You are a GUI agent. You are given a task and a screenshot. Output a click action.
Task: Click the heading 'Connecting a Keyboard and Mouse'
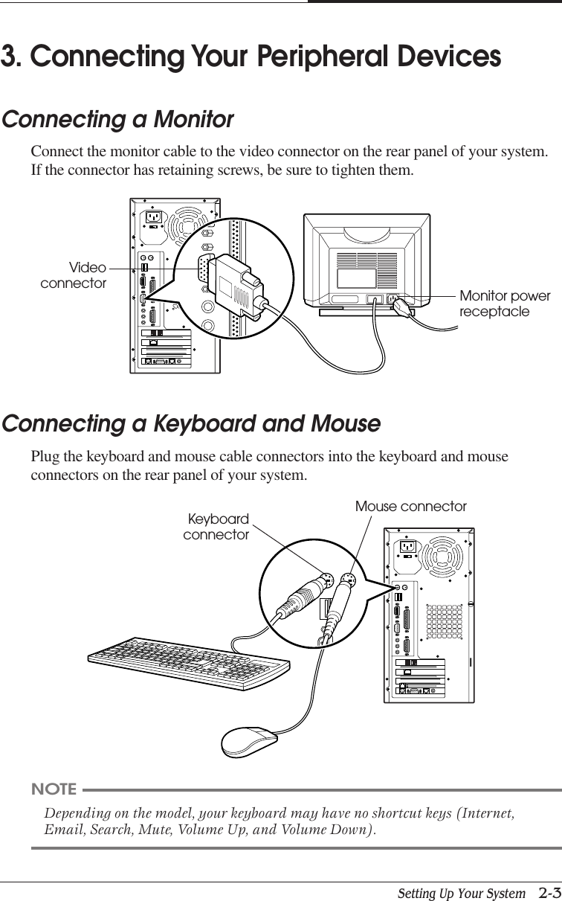tap(191, 424)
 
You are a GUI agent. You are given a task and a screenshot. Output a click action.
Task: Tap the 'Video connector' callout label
tap(74, 275)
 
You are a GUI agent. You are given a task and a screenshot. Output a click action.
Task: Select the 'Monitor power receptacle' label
tap(505, 304)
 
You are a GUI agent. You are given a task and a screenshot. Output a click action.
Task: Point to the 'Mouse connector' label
tap(410, 507)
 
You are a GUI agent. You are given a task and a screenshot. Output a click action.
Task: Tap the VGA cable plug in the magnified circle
tap(236, 281)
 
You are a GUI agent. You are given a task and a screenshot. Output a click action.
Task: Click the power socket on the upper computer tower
tap(154, 217)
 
